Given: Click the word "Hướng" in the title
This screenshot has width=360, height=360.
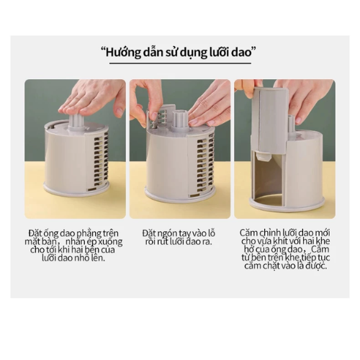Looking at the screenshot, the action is click(x=123, y=52).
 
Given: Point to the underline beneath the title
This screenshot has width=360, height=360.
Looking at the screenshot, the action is click(x=180, y=63).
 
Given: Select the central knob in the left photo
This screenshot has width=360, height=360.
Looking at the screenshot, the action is click(x=77, y=120).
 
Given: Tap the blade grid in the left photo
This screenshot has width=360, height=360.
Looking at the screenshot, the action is click(x=101, y=161).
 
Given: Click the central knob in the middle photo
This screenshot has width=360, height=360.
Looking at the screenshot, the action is click(x=180, y=119).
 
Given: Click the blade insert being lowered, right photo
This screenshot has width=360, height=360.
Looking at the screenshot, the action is click(x=270, y=120).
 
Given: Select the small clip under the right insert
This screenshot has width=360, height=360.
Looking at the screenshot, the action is click(x=262, y=158).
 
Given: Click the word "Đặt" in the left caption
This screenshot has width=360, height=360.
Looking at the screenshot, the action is click(x=34, y=233).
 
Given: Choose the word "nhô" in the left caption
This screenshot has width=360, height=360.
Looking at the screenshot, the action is click(x=79, y=258).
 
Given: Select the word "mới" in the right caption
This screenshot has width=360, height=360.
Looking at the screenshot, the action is click(x=322, y=233).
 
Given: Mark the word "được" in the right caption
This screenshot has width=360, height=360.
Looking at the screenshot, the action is click(x=315, y=266).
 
